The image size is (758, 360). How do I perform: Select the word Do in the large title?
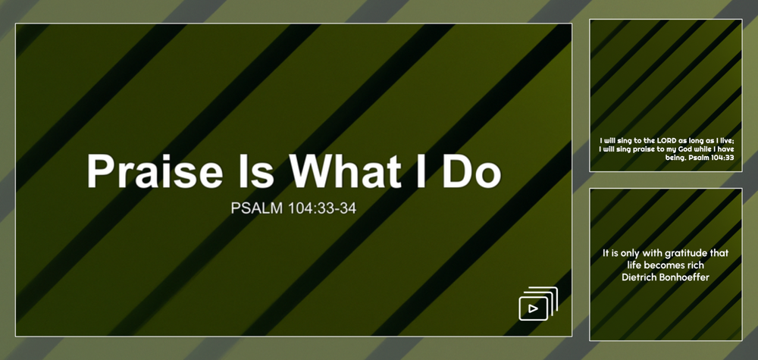[471, 171]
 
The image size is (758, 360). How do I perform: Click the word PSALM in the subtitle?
[256, 208]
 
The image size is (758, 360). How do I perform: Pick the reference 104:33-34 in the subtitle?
[322, 208]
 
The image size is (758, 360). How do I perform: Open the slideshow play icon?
[538, 303]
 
